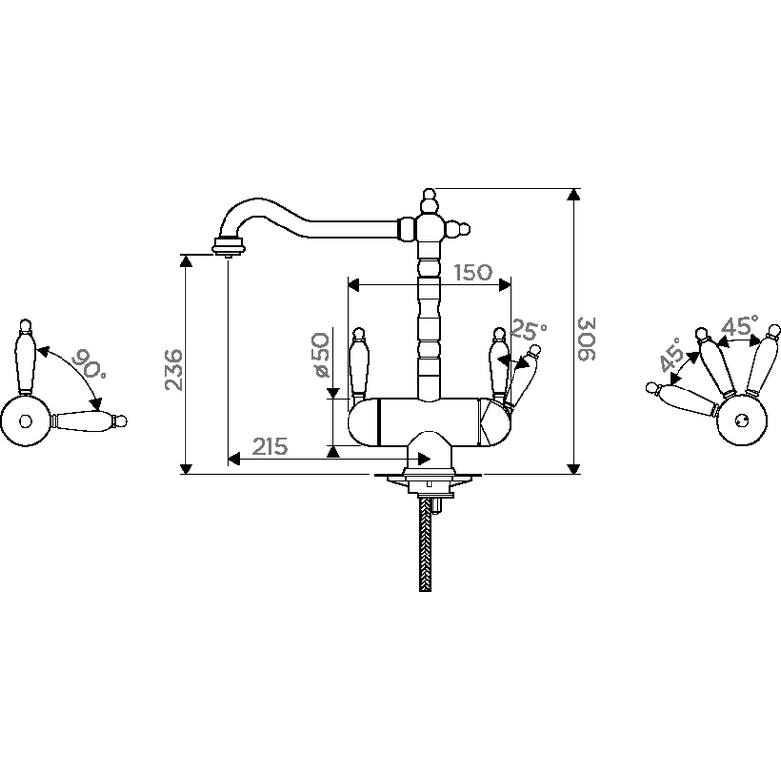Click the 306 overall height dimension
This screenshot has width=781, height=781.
pos(587,338)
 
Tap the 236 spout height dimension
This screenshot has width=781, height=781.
pos(174,370)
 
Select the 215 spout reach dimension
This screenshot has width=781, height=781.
pos(270,447)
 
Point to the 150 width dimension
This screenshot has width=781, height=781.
pos(473,272)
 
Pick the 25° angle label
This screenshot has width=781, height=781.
pos(529,330)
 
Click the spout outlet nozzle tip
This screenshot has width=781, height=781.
pos(228,256)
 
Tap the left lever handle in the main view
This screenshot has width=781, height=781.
pos(359,363)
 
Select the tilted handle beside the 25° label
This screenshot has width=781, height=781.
pos(522,375)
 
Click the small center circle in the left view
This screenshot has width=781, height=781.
pos(25,421)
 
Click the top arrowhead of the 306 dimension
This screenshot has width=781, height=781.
pos(574,194)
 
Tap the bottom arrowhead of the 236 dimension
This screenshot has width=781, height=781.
pos(185,469)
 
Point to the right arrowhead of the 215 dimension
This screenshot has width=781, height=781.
pos(424,459)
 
